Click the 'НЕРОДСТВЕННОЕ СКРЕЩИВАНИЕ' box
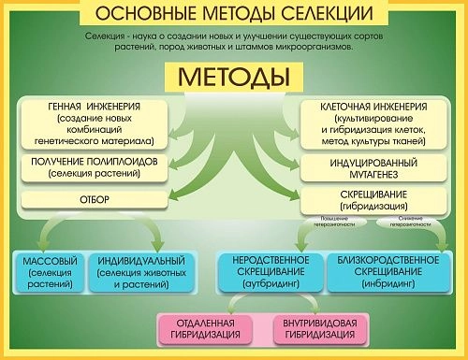click(270, 271)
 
